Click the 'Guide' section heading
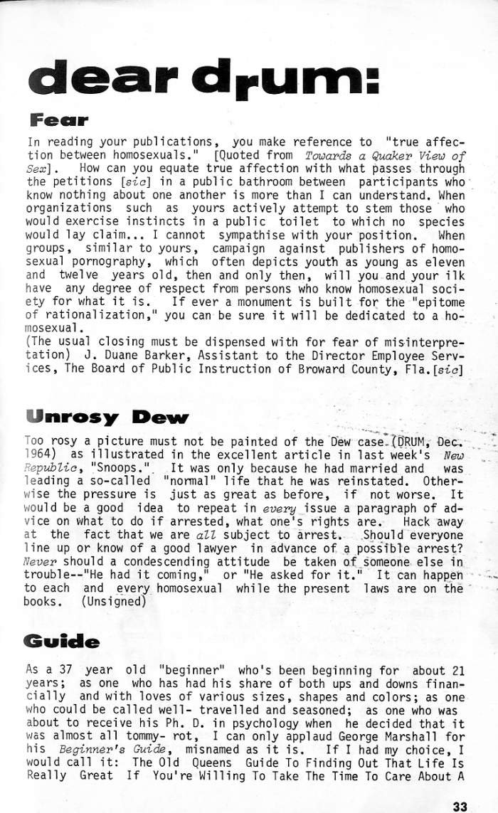tap(62, 642)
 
